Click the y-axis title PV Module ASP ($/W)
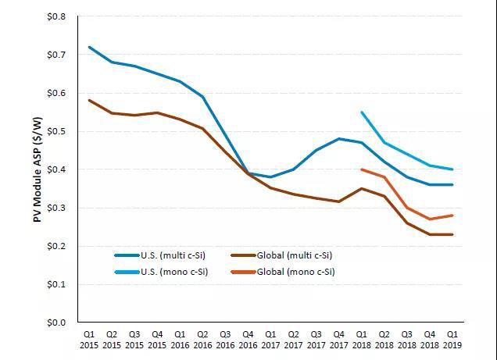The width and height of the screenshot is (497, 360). click(38, 168)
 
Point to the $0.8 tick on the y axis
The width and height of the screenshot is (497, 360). click(55, 16)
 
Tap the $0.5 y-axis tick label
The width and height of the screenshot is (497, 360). click(55, 131)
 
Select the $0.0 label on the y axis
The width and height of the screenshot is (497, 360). click(55, 323)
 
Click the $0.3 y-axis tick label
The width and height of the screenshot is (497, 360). click(55, 208)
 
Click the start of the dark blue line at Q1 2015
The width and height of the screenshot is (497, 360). click(89, 47)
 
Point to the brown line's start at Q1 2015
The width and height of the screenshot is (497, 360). click(89, 100)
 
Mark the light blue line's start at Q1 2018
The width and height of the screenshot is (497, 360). click(362, 112)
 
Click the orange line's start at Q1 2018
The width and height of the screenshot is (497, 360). click(362, 169)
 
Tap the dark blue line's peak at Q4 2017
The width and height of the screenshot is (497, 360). click(339, 138)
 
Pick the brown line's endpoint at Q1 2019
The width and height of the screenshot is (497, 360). click(452, 234)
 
